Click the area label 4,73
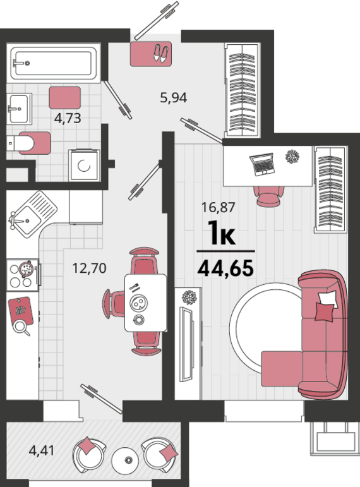click(66, 117)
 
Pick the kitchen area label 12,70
click(90, 268)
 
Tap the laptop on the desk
click(261, 164)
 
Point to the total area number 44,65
click(225, 268)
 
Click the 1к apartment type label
click(221, 235)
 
